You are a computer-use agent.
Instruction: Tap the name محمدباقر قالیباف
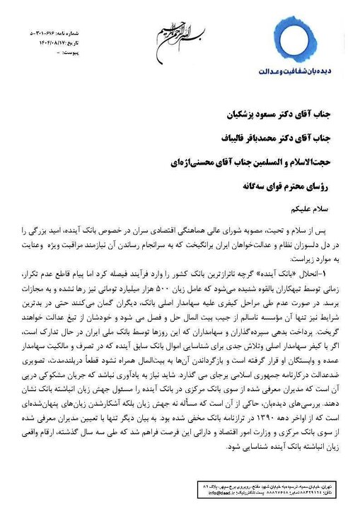click(232, 139)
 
